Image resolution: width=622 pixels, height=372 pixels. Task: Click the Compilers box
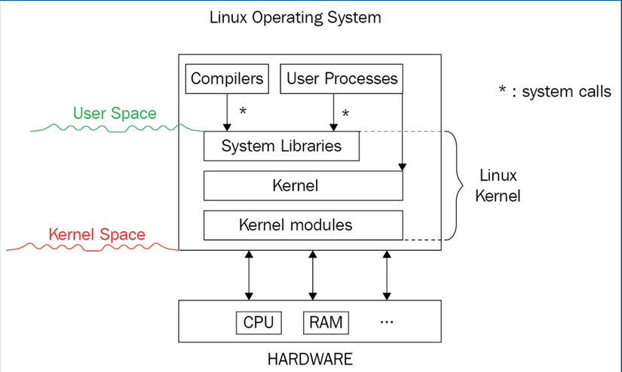tap(228, 78)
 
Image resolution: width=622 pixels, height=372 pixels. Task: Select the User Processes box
tap(342, 78)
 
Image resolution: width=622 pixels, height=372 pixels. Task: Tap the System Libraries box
tap(281, 146)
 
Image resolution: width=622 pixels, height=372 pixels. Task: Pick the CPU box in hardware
tap(259, 322)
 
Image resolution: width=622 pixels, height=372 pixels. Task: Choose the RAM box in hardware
tap(326, 322)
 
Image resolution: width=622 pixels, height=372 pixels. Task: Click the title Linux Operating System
tap(296, 17)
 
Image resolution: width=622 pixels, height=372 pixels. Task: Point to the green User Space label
tap(115, 114)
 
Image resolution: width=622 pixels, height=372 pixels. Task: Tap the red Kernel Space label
tap(97, 234)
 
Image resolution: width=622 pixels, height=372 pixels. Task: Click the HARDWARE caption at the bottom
tap(310, 358)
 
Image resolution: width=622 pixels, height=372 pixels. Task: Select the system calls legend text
tap(555, 92)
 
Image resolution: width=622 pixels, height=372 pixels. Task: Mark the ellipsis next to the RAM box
tap(388, 322)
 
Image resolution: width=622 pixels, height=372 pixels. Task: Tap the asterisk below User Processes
tap(345, 114)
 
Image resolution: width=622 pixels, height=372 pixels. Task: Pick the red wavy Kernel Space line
tap(90, 247)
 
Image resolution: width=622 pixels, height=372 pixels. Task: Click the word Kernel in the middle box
tap(296, 185)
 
